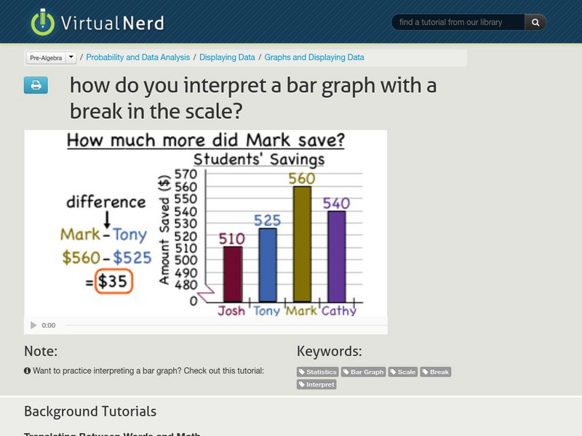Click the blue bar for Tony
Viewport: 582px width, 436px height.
coord(268,265)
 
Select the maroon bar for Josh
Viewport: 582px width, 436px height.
coord(232,274)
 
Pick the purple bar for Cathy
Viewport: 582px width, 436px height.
coord(336,256)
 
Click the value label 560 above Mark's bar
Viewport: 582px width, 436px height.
coord(302,179)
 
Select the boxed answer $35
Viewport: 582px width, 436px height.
coord(113,281)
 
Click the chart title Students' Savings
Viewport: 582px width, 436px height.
coord(259,160)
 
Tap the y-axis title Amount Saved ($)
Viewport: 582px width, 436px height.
coord(165,230)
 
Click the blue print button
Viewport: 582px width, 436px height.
coord(36,86)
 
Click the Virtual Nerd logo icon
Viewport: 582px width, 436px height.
coord(43,23)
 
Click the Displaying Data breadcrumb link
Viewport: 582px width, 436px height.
coord(227,57)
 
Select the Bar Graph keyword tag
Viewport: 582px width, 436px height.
coord(364,372)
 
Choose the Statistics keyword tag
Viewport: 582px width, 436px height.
coord(318,372)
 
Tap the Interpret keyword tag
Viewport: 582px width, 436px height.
coord(317,384)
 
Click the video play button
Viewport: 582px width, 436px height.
coord(33,326)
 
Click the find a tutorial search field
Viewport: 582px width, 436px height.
coord(458,23)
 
